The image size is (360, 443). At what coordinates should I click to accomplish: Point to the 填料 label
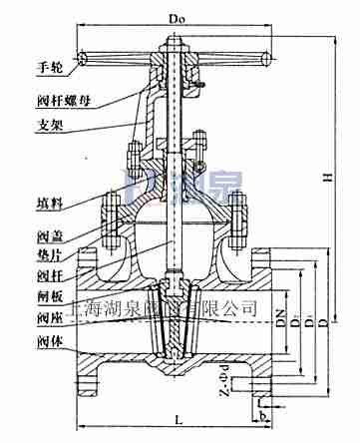pyautogui.click(x=36, y=203)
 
